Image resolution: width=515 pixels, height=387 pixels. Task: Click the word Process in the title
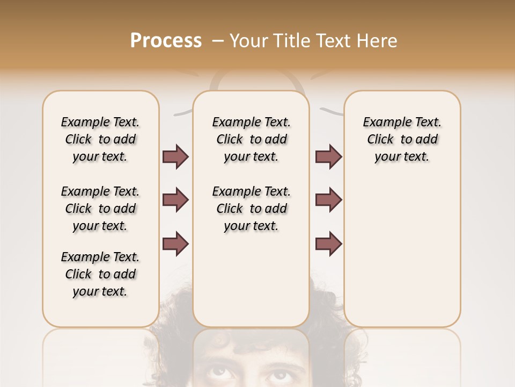coord(165,41)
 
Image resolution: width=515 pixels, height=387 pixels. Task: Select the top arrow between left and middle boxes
coord(175,156)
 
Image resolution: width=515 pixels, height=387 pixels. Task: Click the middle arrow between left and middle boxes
coord(175,200)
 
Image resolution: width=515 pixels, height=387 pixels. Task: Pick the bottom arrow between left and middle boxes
coord(175,244)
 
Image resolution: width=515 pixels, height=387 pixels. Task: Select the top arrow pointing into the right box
coord(328,156)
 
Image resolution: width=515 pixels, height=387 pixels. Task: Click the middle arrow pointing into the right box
coord(328,200)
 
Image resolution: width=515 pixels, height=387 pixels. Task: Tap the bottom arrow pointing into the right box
coord(328,244)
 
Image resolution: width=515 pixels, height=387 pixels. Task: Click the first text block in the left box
coord(100,139)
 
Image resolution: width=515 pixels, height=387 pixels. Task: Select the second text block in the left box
coord(100,209)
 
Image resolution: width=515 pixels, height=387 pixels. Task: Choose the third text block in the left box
coord(100,274)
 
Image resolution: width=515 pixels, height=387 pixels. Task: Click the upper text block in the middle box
coord(251,139)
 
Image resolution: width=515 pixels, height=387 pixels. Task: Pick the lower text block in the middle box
coord(251,209)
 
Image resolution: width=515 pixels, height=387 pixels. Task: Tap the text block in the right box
coord(402,139)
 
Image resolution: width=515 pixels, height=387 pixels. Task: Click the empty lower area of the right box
coord(402,253)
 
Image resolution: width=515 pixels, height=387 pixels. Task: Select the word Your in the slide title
coord(248,41)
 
